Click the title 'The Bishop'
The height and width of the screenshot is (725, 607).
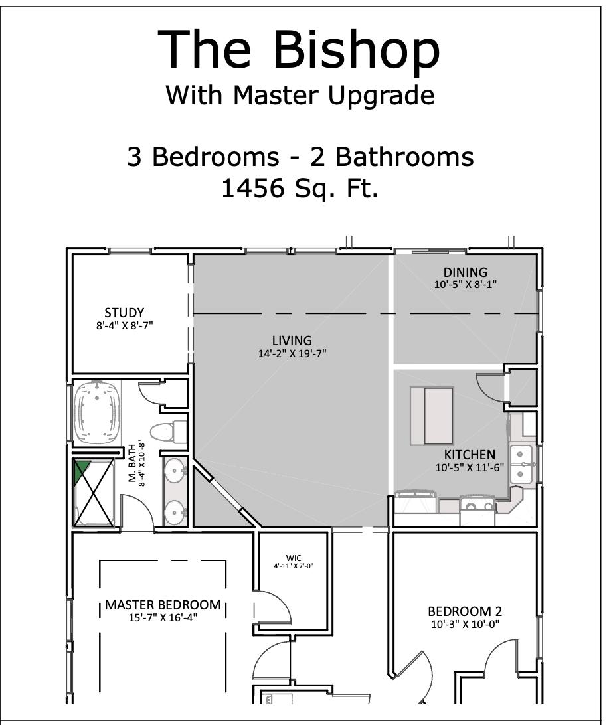[x=300, y=50]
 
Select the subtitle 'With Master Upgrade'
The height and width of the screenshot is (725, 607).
[x=300, y=95]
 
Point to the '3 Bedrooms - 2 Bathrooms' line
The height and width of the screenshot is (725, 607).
[x=300, y=157]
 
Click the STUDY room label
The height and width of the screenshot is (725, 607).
[x=124, y=313]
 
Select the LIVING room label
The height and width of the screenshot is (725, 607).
[x=292, y=341]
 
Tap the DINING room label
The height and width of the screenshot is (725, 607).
[x=465, y=272]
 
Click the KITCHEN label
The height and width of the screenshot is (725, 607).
[x=470, y=455]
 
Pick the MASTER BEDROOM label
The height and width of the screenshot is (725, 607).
[x=163, y=605]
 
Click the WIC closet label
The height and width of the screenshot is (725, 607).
[x=294, y=558]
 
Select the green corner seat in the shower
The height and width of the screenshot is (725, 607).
[x=81, y=470]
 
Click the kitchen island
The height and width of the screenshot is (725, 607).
[x=432, y=416]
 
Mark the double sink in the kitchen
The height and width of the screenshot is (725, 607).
[x=523, y=464]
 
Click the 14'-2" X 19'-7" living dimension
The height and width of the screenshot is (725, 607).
[x=292, y=354]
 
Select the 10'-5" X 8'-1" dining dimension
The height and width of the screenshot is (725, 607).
[x=465, y=283]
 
